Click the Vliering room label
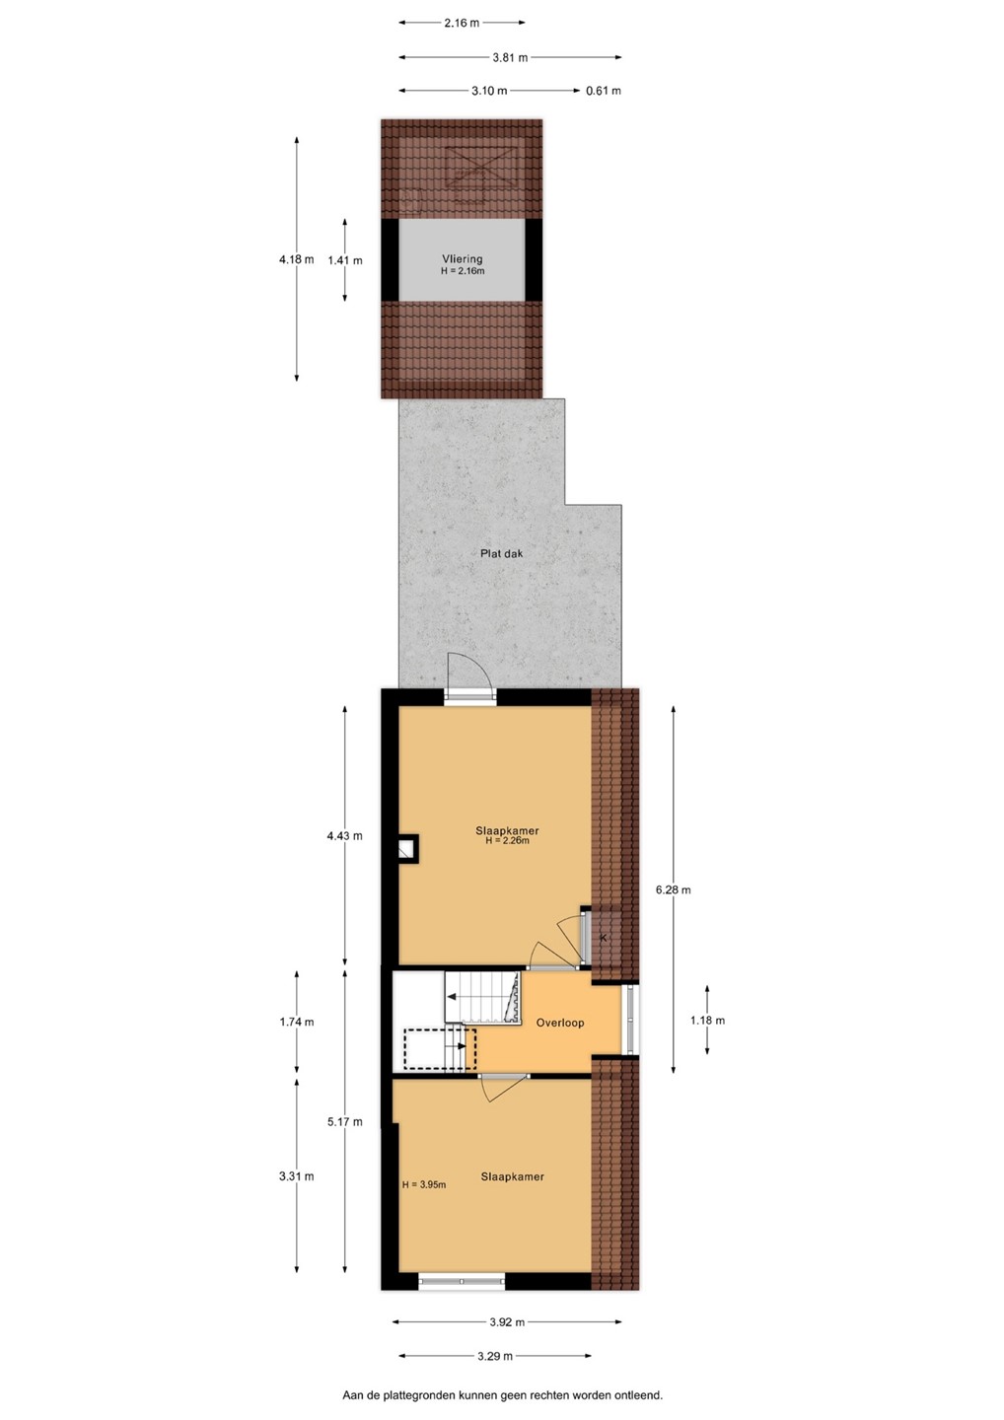pos(463,258)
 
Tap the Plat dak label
pos(501,553)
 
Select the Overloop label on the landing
pos(559,1023)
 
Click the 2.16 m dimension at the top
pos(462,23)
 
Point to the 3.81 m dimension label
pos(510,57)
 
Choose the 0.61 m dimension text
pos(604,91)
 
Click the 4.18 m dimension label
pos(297,259)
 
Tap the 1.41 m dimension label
pos(345,260)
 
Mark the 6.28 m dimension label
pos(674,890)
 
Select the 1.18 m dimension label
pos(707,1021)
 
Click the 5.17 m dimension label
pos(345,1122)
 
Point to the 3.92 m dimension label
pos(507,1322)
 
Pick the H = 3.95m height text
pos(424,1185)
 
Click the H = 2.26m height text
pos(507,841)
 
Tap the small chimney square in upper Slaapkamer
pos(406,849)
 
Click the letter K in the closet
pos(604,938)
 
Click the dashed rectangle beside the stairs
pos(440,1049)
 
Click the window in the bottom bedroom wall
pos(462,1281)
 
